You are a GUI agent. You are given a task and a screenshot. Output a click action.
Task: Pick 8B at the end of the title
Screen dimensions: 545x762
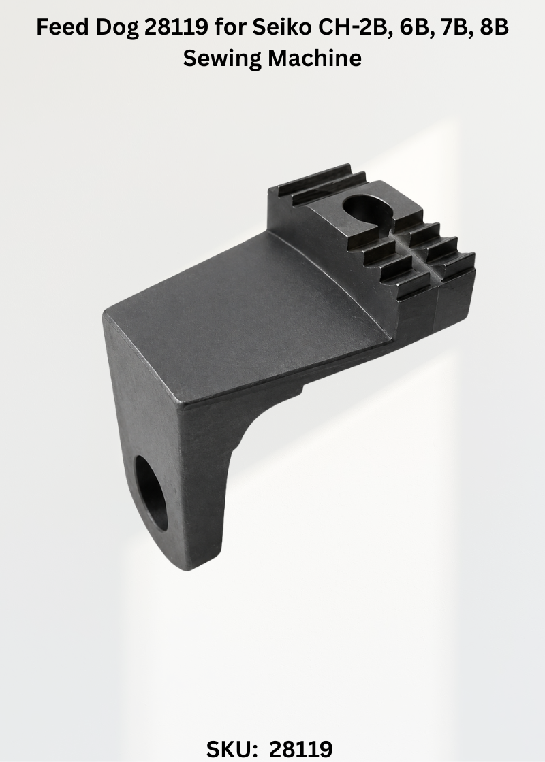494,28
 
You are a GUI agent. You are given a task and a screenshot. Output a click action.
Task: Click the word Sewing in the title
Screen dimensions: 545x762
222,59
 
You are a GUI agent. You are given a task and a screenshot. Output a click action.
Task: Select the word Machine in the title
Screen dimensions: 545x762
315,58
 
